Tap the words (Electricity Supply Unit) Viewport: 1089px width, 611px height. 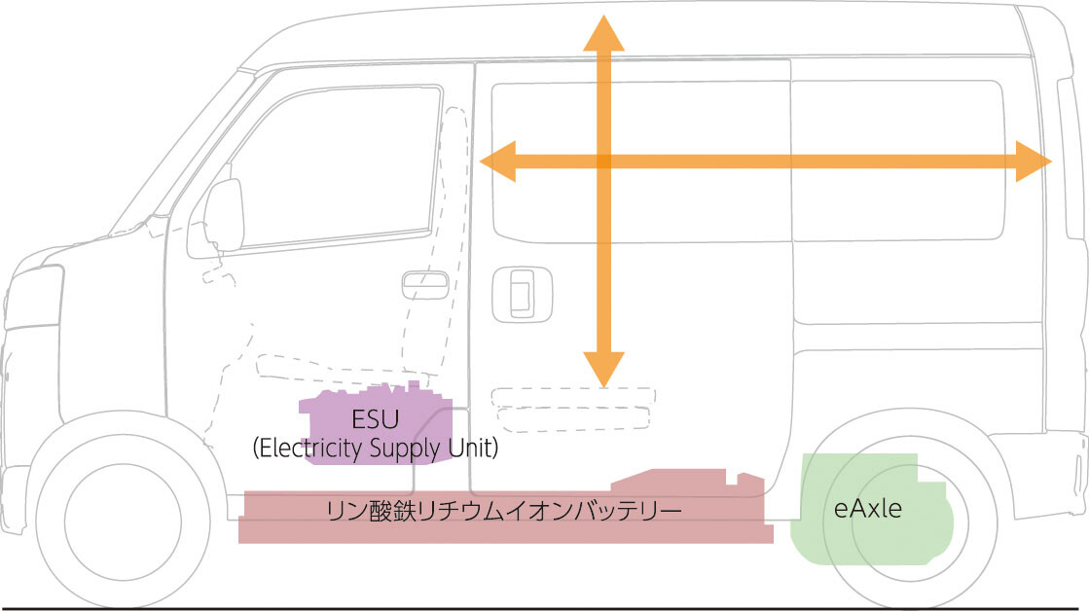[x=375, y=449]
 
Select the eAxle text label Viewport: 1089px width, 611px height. [x=868, y=508]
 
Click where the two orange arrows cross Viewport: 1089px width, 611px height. [x=603, y=161]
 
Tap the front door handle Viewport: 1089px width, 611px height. [x=424, y=284]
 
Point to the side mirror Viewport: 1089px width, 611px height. [x=223, y=215]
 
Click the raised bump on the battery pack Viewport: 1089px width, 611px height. [x=681, y=479]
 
